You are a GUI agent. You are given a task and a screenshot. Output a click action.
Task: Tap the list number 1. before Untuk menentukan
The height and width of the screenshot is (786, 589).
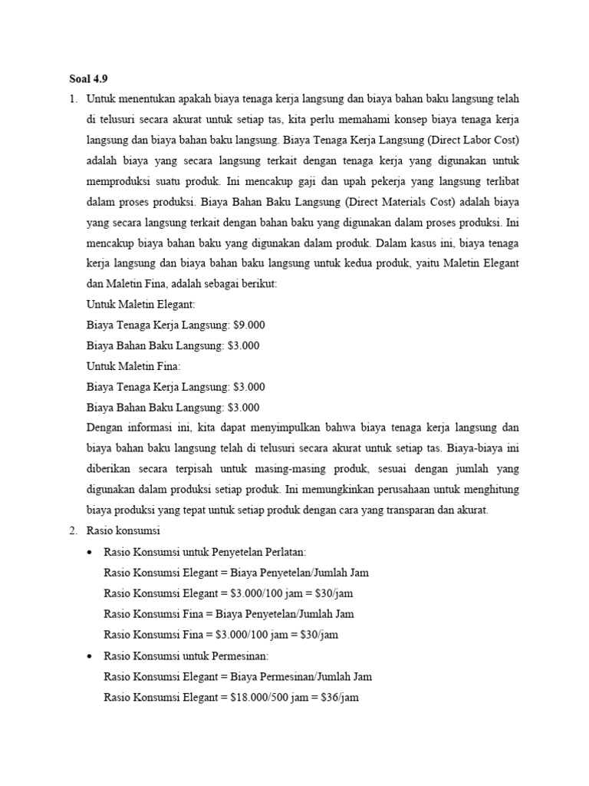click(74, 99)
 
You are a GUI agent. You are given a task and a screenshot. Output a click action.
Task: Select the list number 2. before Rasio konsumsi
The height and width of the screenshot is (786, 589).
click(74, 531)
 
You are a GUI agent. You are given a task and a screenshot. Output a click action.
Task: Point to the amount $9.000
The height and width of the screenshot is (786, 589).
click(248, 325)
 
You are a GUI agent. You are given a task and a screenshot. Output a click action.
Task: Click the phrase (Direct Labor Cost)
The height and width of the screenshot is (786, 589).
click(474, 140)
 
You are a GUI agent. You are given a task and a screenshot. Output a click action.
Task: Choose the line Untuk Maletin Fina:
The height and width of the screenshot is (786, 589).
click(133, 366)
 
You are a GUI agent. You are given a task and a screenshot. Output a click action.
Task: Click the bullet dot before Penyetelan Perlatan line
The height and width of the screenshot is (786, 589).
click(92, 552)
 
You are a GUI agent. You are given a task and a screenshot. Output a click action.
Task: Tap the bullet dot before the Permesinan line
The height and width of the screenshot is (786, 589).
click(92, 656)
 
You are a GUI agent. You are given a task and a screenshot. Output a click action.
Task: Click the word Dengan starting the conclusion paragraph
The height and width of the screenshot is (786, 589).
click(106, 428)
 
